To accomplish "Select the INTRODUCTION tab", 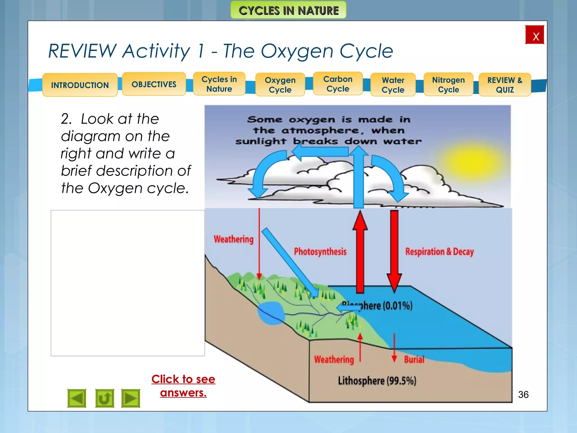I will [x=80, y=85].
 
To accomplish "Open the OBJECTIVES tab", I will [x=154, y=84].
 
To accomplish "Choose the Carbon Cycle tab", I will [x=338, y=84].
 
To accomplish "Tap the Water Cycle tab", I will [x=393, y=85].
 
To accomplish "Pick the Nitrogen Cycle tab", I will [x=448, y=85].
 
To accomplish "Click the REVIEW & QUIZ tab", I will [x=505, y=85].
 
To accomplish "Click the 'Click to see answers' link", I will [x=183, y=386].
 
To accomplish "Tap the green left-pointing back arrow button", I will [x=77, y=398].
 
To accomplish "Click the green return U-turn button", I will [x=105, y=398].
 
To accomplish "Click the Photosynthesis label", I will [x=320, y=251].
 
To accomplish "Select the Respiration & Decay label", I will [x=439, y=251].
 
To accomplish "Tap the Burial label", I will [x=414, y=359].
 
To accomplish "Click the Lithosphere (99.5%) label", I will [x=377, y=381].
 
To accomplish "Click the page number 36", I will [x=523, y=394].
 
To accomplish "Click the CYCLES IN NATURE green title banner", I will [x=288, y=10].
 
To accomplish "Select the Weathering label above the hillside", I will [x=234, y=239].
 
